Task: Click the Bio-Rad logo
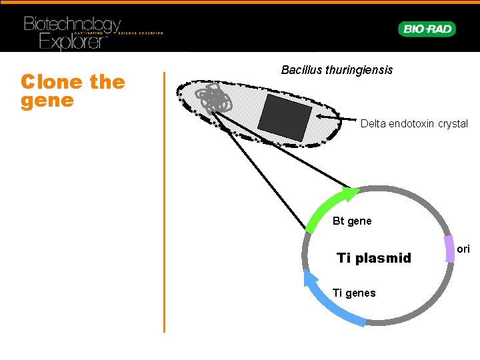click(427, 29)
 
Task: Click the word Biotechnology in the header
click(72, 25)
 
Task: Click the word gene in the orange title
click(47, 101)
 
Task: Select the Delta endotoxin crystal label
click(414, 124)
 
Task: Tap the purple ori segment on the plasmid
click(451, 249)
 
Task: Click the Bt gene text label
click(352, 221)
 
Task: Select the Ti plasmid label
click(374, 258)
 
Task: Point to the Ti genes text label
click(353, 293)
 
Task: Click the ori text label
click(464, 249)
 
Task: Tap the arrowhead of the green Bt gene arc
click(351, 194)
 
